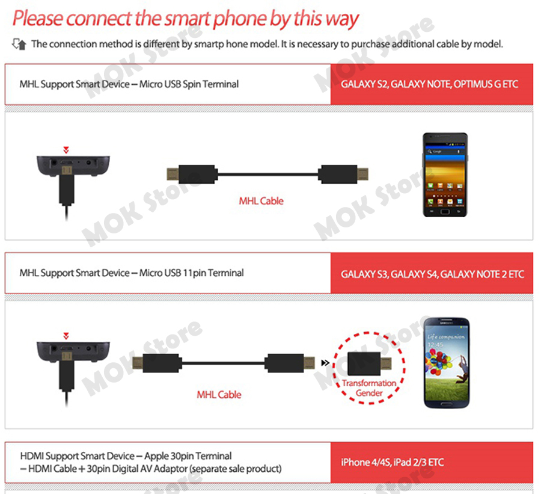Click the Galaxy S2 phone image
pyautogui.click(x=445, y=175)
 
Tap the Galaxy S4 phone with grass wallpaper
pyautogui.click(x=447, y=363)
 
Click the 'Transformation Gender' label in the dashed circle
pyautogui.click(x=369, y=388)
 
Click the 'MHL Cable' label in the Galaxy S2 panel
pyautogui.click(x=261, y=201)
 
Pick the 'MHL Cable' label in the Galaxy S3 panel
pyautogui.click(x=219, y=395)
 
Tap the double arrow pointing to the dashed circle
pyautogui.click(x=325, y=363)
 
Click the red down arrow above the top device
pyautogui.click(x=66, y=150)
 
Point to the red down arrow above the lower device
pyautogui.click(x=66, y=336)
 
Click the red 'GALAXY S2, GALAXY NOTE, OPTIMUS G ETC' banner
pyautogui.click(x=432, y=84)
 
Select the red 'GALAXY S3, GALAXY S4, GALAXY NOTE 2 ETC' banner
pyautogui.click(x=432, y=273)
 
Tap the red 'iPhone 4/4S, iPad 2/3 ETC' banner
pyautogui.click(x=432, y=462)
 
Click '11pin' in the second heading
pyautogui.click(x=194, y=273)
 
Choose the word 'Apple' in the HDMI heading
pyautogui.click(x=156, y=456)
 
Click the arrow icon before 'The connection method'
pyautogui.click(x=19, y=44)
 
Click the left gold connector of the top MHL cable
pyautogui.click(x=173, y=174)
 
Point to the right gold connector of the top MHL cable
pyautogui.click(x=362, y=174)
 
